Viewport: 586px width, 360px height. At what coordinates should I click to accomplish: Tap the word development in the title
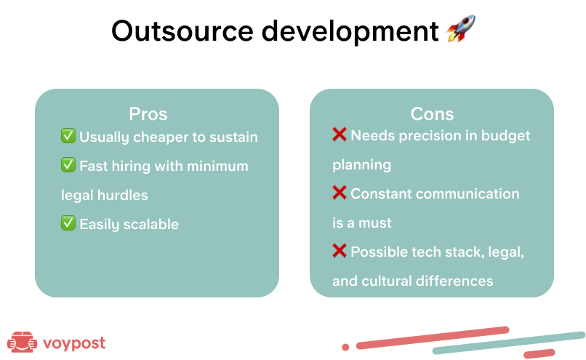click(348, 31)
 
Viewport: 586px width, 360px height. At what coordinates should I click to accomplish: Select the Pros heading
click(148, 114)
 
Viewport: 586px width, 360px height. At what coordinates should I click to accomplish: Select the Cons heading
click(432, 114)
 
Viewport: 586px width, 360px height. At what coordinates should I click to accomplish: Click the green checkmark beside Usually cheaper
click(68, 136)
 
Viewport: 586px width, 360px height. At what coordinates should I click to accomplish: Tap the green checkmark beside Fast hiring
click(68, 165)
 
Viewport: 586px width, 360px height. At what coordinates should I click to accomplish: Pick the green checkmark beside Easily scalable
click(68, 223)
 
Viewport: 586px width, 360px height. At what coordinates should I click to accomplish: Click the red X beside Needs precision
click(340, 135)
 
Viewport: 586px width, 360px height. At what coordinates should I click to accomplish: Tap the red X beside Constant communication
click(340, 193)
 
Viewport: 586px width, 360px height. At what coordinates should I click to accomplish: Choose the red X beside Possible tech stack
click(340, 251)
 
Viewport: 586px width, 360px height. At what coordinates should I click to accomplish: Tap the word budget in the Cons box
click(506, 136)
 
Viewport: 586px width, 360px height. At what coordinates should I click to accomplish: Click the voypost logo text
click(74, 343)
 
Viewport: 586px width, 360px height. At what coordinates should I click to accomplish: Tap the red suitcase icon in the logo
click(22, 342)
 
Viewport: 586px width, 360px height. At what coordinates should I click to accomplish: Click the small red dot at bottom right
click(345, 347)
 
